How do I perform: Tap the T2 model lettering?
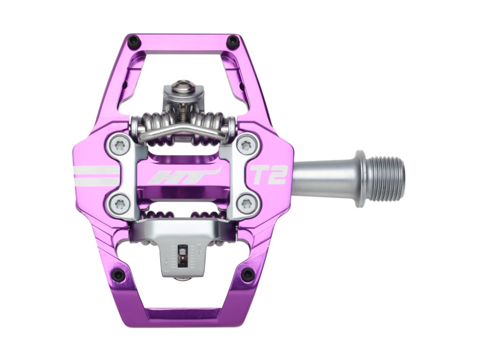tap(269, 175)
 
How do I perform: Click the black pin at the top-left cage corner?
tap(134, 40)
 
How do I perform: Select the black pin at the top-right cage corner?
tap(233, 41)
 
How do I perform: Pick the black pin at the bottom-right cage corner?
tap(247, 275)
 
